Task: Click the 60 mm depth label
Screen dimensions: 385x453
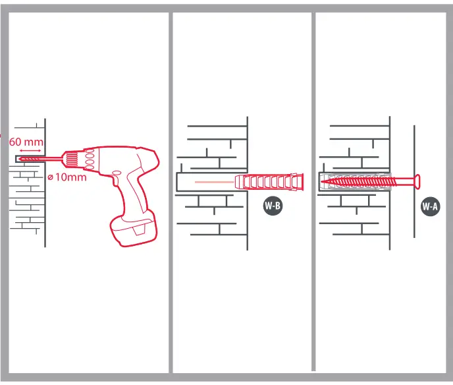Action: click(x=26, y=142)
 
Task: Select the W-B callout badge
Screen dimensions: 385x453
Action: click(x=273, y=207)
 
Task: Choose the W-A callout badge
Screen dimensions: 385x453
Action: click(x=430, y=207)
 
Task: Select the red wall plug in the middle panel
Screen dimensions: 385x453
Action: click(x=270, y=181)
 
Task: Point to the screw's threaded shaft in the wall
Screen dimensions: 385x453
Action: click(x=359, y=179)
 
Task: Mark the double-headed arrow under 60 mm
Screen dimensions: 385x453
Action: click(x=30, y=151)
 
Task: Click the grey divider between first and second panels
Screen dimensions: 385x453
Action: click(x=171, y=191)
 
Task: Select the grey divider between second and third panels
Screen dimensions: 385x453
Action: click(x=313, y=191)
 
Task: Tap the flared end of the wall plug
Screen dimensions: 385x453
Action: click(x=302, y=181)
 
